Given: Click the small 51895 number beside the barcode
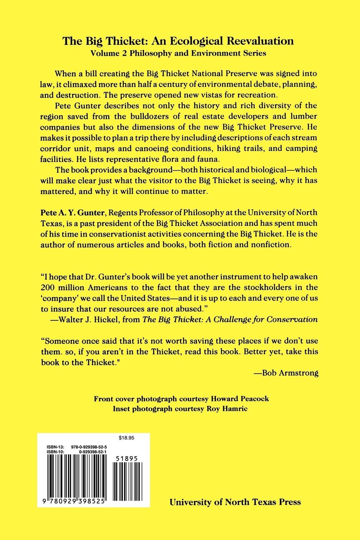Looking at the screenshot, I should [127, 458].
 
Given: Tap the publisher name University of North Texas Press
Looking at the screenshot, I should [235, 502].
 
